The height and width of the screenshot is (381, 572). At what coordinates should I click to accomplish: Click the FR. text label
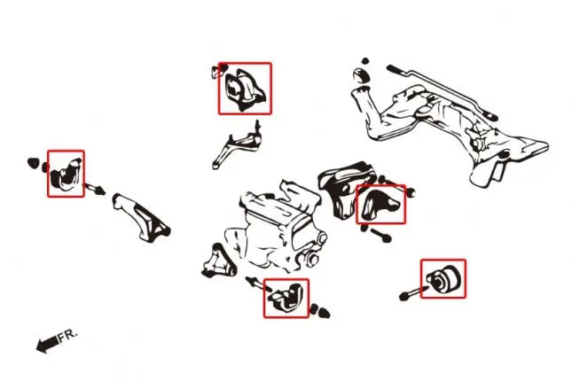click(x=68, y=336)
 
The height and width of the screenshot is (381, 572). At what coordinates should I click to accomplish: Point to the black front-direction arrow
click(x=47, y=344)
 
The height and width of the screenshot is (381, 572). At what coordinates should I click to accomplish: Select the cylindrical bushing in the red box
click(x=444, y=279)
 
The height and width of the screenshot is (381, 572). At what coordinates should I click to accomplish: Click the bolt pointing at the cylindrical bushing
click(x=413, y=293)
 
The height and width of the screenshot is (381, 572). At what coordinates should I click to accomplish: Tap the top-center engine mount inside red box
click(x=245, y=89)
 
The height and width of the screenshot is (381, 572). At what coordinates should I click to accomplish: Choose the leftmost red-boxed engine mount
click(x=66, y=175)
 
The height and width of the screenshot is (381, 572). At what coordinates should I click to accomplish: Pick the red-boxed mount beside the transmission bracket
click(x=380, y=205)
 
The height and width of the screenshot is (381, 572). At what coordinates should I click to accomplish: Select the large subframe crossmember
click(x=449, y=124)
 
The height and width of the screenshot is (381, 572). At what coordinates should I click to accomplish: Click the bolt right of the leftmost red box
click(x=94, y=189)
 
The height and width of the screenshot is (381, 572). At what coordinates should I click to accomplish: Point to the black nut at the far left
click(x=33, y=163)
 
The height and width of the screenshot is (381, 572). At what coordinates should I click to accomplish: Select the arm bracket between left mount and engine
click(x=142, y=218)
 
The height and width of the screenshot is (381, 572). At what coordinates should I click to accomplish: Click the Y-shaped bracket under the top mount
click(x=237, y=145)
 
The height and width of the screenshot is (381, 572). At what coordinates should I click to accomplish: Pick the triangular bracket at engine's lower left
click(x=218, y=261)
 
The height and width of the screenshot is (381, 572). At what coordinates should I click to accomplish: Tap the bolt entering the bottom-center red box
click(x=258, y=284)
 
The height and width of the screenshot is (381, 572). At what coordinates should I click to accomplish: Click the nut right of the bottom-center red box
click(x=320, y=311)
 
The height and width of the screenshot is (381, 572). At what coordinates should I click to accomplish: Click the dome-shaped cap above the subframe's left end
click(x=361, y=74)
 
